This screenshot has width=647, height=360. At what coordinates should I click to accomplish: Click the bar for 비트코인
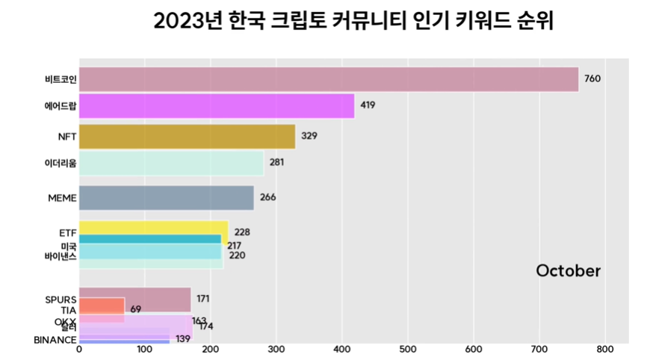coord(329,79)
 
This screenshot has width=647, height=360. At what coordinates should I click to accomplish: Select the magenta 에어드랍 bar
coord(217,105)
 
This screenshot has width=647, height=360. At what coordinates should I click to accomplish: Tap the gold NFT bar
coord(187,137)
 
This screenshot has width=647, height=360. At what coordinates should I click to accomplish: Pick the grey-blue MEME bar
coord(167,198)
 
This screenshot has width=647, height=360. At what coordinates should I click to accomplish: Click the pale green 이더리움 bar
coord(171,163)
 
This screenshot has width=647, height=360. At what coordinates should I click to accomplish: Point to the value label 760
coord(593,79)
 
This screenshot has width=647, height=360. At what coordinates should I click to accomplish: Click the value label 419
coord(368,105)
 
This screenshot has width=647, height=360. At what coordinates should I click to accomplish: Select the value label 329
coord(309,137)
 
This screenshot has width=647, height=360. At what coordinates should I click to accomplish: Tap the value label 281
coord(276,163)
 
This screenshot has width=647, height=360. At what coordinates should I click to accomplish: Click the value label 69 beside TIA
coord(136,308)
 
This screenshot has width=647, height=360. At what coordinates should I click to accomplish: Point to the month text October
coord(568,271)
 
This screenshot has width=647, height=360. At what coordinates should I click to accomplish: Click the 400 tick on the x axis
coord(342,348)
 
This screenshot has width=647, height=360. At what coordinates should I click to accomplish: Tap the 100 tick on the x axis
coord(145,348)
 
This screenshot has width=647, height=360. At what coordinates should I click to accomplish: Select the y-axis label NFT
coord(66,137)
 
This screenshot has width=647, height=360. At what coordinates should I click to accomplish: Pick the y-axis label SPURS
coord(61,300)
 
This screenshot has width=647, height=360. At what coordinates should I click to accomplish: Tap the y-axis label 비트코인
coord(61,79)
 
